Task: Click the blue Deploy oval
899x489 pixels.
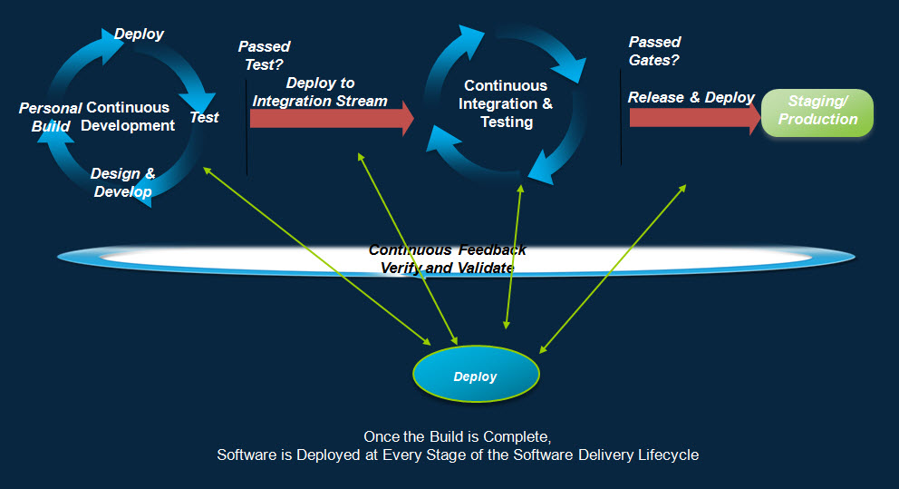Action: coord(476,374)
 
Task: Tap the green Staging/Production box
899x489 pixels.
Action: coord(817,112)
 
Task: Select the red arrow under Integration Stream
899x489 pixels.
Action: coord(332,118)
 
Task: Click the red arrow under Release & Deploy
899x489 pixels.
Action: coord(695,118)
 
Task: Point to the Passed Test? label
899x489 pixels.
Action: coord(264,55)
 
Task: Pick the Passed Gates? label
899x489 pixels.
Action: coord(654,51)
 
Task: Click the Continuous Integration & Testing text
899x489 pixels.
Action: coord(506,104)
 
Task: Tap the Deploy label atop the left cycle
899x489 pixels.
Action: coord(139,34)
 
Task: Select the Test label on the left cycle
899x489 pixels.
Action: coord(204,117)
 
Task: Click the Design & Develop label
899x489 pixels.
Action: coord(122,182)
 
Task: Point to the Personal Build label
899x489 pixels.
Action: coord(51,117)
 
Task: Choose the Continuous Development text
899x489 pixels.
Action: coord(127,116)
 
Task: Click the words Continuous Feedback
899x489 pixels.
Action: coord(447,249)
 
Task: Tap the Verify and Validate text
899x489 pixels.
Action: coord(447,268)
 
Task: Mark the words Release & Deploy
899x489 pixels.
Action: coord(691,98)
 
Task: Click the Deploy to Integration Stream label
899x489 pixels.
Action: coord(320,92)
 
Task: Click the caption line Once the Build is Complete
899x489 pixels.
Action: coord(458,436)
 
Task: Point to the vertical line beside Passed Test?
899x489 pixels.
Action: coord(246,127)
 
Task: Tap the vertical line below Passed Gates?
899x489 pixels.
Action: coord(621,118)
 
